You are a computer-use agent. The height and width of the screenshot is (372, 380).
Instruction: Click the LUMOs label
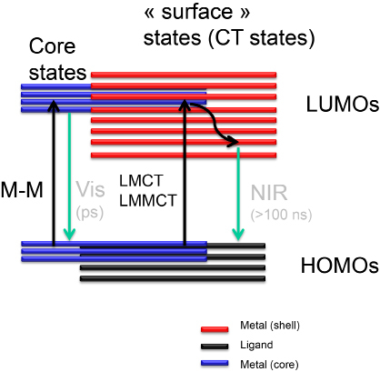343,105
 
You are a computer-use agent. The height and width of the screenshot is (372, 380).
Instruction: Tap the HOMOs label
340,266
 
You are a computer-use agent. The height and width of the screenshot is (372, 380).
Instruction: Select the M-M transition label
22,190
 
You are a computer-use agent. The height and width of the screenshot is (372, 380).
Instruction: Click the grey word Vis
90,189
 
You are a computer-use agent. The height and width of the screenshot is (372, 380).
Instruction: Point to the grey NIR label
269,193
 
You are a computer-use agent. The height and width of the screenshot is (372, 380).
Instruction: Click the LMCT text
141,181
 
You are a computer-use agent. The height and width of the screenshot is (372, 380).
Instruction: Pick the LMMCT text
148,200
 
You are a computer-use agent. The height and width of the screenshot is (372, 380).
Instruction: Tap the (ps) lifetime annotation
90,213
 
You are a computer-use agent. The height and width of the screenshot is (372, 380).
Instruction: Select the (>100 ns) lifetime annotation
281,215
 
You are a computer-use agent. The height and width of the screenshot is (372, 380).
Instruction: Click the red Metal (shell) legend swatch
215,329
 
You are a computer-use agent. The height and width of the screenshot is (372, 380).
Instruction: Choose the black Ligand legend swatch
215,347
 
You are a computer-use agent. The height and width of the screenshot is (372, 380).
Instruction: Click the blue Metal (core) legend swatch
215,363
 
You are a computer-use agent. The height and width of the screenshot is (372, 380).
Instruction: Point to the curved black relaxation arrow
215,124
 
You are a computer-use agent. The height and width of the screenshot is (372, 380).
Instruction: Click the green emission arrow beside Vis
69,176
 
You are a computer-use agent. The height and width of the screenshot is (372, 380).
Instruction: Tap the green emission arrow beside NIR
238,194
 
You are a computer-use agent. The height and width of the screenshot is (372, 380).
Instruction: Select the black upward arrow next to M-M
54,173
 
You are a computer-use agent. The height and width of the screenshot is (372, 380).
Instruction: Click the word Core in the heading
52,46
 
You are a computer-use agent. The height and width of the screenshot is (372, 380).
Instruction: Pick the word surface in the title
197,12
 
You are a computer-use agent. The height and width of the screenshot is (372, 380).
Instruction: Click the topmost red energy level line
184,75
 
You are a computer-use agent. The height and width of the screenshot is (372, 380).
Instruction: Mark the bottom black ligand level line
173,278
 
